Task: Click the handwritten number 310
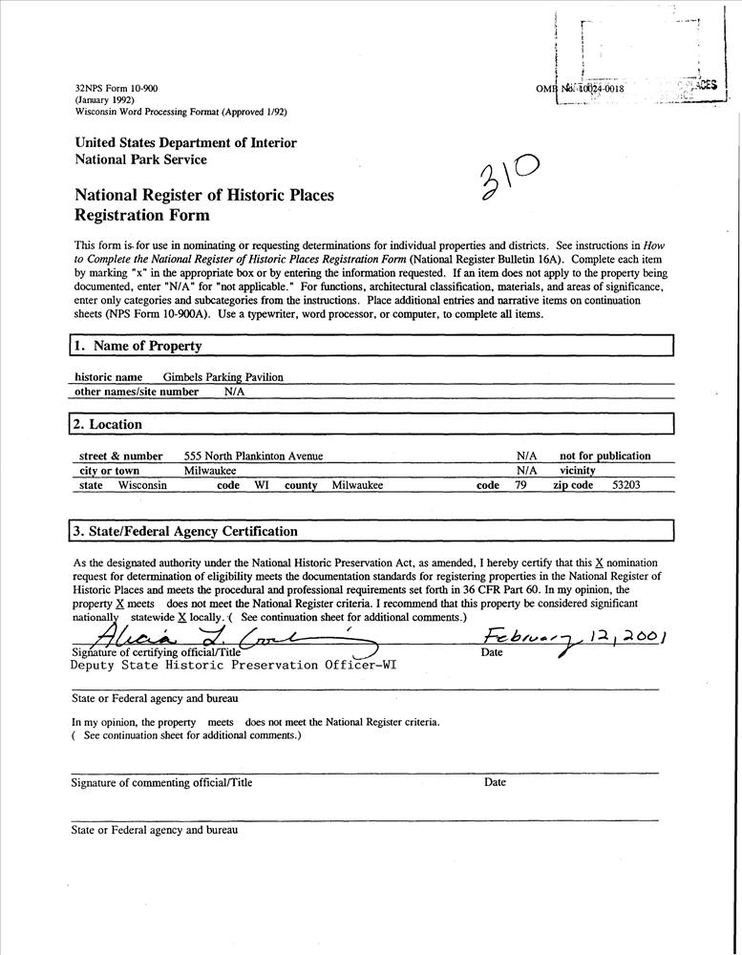pos(507,178)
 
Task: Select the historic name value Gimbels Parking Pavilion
pos(223,377)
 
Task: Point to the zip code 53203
pos(625,485)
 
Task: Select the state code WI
pos(261,485)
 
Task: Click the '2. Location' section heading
pos(107,424)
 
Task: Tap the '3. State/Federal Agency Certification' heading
pos(184,531)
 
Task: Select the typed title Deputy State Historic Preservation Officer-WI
pos(234,666)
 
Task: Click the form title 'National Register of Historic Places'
pos(204,196)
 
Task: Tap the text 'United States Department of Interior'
pos(185,143)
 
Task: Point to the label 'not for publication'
pos(604,456)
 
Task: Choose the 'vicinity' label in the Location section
pos(577,471)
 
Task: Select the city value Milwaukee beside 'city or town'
pos(210,471)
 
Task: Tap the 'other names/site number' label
pos(137,392)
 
